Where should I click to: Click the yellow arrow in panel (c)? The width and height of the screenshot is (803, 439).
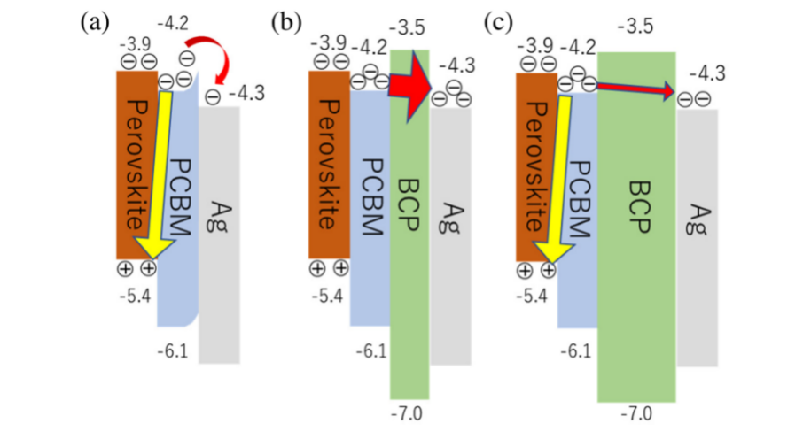[551, 177]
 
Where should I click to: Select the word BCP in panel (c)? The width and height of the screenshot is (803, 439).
[638, 213]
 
